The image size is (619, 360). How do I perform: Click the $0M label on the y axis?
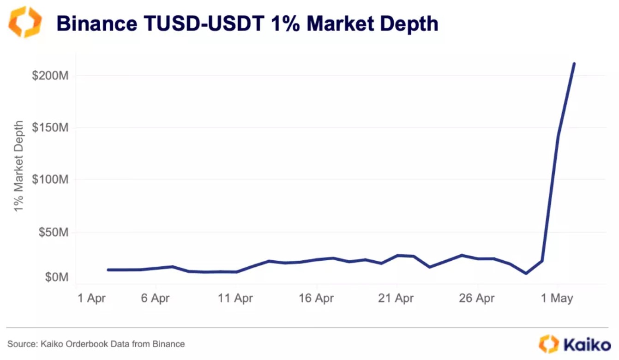coord(56,277)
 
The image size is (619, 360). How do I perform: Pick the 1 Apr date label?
coord(91,299)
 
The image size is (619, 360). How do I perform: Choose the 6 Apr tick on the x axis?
coord(155,299)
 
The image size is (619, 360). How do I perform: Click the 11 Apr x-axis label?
coord(235,299)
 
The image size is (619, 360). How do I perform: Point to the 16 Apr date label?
coord(316,299)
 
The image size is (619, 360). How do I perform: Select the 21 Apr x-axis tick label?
coord(397,299)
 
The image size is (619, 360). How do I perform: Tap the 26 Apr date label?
coord(477,299)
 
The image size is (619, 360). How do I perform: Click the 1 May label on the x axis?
coord(557,299)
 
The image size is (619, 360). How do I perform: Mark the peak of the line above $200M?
coord(574,64)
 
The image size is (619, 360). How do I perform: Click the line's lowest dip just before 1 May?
coord(526,273)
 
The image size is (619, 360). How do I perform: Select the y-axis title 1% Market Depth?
coord(18,166)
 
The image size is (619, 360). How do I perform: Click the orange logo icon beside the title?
coord(25,22)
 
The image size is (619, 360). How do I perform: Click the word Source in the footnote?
coord(18,344)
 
